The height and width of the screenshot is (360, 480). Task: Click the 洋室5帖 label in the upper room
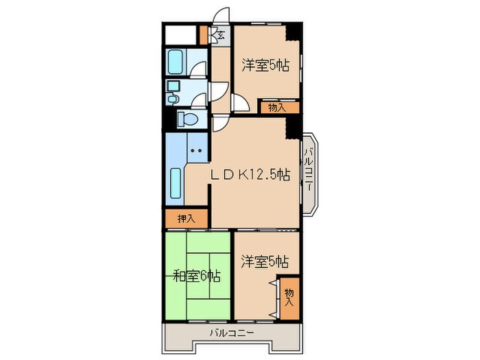pyautogui.click(x=264, y=66)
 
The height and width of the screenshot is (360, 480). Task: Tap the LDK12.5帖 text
pyautogui.click(x=250, y=176)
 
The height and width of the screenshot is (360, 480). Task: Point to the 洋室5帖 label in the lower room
pyautogui.click(x=264, y=261)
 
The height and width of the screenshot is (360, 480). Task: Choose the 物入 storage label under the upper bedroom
pyautogui.click(x=277, y=107)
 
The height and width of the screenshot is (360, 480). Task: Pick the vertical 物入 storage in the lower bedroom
pyautogui.click(x=289, y=296)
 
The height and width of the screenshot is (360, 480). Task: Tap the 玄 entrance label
pyautogui.click(x=220, y=35)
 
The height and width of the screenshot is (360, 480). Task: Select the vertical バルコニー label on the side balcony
pyautogui.click(x=309, y=171)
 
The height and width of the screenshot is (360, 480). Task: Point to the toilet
pyautogui.click(x=187, y=120)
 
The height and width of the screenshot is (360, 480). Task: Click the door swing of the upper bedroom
pyautogui.click(x=241, y=103)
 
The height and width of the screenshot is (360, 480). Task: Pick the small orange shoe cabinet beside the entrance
pyautogui.click(x=203, y=34)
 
